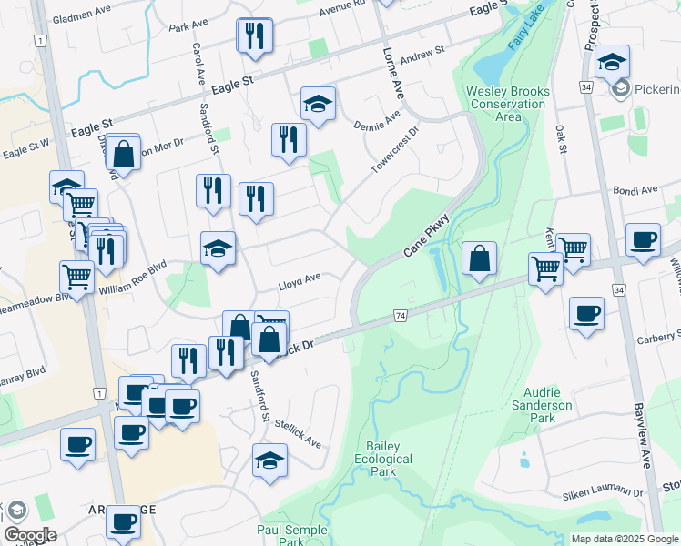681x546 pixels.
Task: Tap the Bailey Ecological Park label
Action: pos(389,460)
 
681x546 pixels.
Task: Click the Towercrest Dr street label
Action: pos(393,151)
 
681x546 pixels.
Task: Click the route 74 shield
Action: pos(400,315)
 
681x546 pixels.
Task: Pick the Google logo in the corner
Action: pos(30,534)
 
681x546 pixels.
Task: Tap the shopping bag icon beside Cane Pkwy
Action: pos(479,258)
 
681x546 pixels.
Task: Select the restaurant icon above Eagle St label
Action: pos(254,36)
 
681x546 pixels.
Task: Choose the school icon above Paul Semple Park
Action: pos(269,460)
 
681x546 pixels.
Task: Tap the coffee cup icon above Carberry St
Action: pos(586,313)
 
